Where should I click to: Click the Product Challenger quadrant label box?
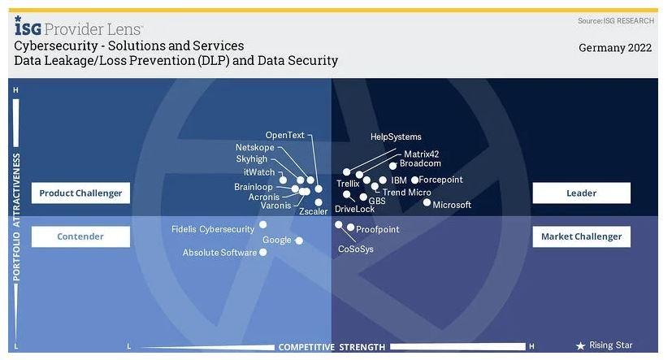(80, 193)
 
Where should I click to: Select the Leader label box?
(581, 193)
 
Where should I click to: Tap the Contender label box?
(80, 236)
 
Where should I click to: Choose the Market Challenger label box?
(581, 236)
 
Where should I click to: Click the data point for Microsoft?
(427, 202)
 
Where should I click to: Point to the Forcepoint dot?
(414, 180)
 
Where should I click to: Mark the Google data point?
(299, 241)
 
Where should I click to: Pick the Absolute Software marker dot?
(262, 253)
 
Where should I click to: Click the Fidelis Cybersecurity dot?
(262, 224)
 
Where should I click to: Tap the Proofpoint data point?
(350, 228)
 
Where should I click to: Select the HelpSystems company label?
(396, 137)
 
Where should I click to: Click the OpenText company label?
(285, 135)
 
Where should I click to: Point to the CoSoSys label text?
(356, 249)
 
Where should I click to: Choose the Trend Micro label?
(406, 193)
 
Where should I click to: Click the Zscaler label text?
(313, 211)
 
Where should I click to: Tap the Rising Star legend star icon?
(580, 345)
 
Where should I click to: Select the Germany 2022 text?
(615, 48)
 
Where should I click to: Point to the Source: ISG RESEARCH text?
(614, 20)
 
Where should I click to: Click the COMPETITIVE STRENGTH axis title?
(332, 347)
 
